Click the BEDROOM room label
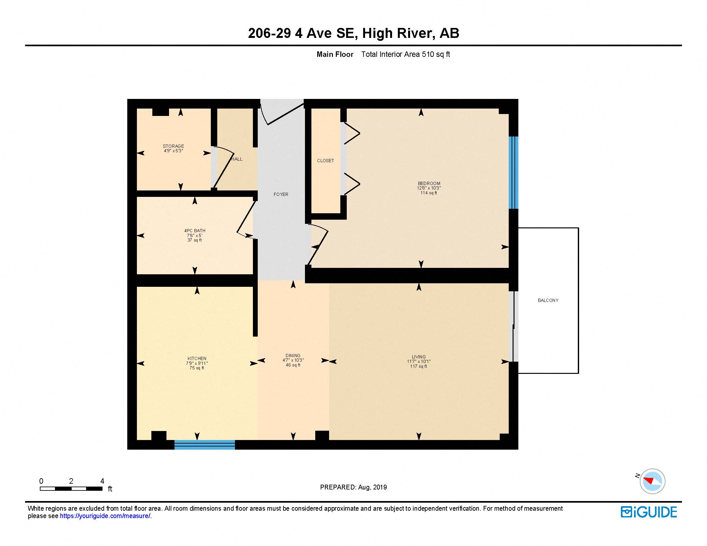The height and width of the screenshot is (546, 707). tap(429, 183)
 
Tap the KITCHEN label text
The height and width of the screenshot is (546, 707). tap(197, 358)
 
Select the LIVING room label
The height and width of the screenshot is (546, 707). tap(418, 357)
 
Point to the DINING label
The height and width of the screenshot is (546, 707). tap(293, 356)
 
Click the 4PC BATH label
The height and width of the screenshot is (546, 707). tap(194, 231)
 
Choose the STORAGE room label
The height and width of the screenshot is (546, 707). tap(173, 146)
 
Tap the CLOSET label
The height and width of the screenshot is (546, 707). tap(325, 161)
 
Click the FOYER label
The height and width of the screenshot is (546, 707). tap(281, 194)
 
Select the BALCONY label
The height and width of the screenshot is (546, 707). tap(548, 301)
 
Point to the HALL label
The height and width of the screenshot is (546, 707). tap(237, 159)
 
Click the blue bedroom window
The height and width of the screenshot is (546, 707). tap(514, 172)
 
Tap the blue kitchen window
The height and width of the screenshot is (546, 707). tap(205, 445)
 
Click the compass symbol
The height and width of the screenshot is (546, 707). tap(652, 481)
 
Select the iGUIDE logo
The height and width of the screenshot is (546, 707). tap(649, 512)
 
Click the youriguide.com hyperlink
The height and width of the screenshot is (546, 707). tap(105, 516)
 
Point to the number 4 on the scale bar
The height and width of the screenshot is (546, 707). tap(102, 481)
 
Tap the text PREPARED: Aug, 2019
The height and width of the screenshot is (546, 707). tap(353, 487)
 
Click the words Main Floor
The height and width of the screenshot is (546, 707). tap(335, 54)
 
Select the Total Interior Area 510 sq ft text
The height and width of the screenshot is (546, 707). tap(405, 54)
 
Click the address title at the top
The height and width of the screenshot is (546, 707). tap(353, 33)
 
